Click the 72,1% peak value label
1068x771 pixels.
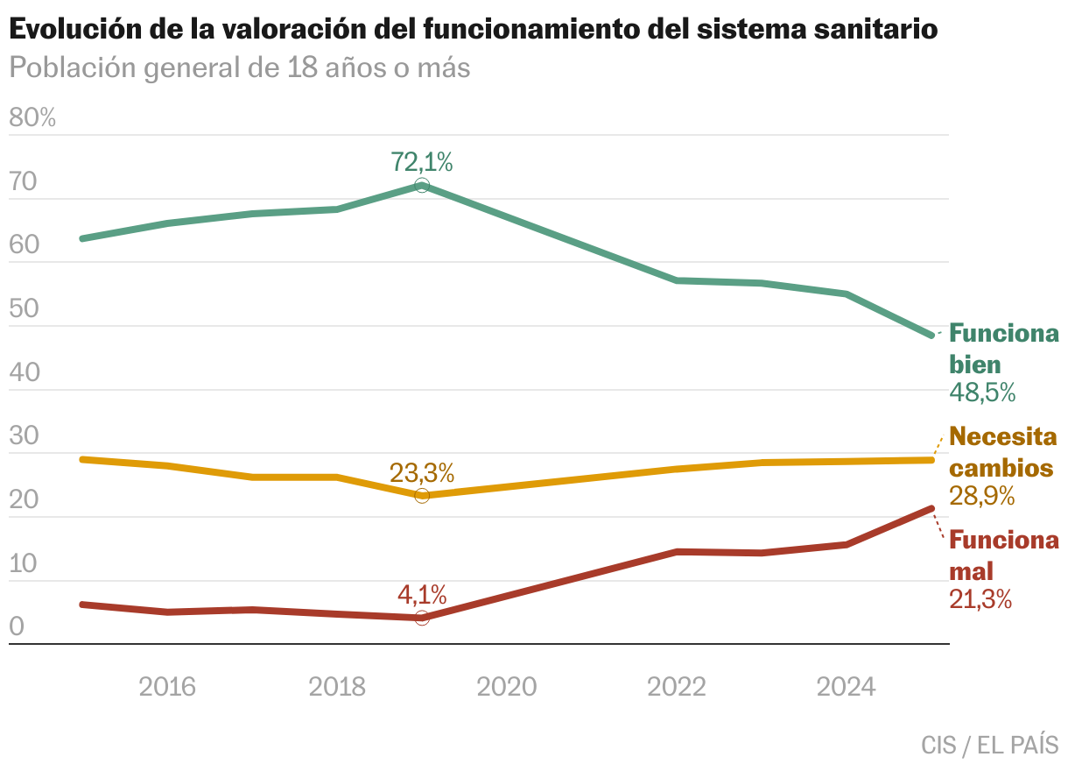pos(422,162)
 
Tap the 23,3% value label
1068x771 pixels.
pos(422,474)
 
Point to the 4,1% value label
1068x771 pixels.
pos(422,596)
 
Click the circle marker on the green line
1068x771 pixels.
pos(422,185)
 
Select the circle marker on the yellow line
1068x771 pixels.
pos(422,496)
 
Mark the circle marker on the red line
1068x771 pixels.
pos(422,618)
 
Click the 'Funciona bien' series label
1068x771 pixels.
pos(1003,349)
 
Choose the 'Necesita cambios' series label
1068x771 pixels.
pos(1001,451)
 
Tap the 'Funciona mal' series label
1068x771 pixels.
pos(1003,555)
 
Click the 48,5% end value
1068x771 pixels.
pos(982,393)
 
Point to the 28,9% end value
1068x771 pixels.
pos(982,496)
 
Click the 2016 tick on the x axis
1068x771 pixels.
pos(167,687)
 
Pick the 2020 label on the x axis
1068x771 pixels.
pos(507,687)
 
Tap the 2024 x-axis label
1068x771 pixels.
pos(846,687)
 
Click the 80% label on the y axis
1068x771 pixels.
pos(32,118)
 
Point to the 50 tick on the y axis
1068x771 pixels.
pos(25,309)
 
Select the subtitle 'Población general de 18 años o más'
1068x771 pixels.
pos(240,67)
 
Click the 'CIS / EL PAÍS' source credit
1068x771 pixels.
pos(989,746)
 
